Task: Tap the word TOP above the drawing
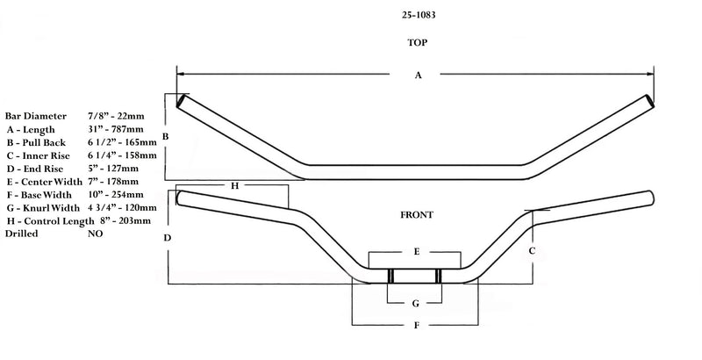click(417, 42)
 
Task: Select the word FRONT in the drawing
click(417, 214)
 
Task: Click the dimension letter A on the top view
click(418, 76)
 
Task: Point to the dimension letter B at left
click(165, 137)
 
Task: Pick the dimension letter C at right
click(532, 249)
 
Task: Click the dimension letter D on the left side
click(167, 238)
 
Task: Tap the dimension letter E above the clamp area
click(417, 251)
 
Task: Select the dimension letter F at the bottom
click(417, 326)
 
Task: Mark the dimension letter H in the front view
click(234, 186)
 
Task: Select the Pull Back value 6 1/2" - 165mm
click(124, 141)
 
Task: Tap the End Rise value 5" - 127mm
click(114, 168)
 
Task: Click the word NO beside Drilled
click(96, 234)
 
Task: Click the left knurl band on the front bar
click(390, 276)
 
